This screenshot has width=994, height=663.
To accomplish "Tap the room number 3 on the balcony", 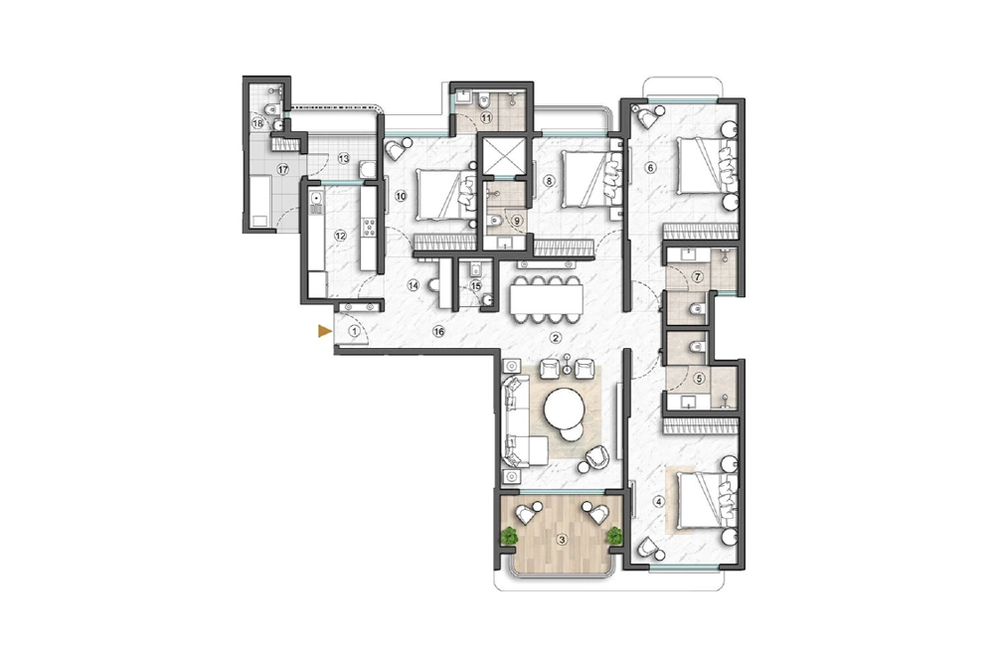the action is point(561,540).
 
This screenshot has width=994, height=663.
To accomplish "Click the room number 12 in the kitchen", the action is point(340,236).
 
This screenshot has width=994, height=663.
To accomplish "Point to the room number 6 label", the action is point(649,168).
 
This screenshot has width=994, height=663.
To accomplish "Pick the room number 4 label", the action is point(659,502).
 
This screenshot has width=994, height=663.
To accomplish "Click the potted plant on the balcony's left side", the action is point(509,536).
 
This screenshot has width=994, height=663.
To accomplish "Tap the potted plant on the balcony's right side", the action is point(613,536).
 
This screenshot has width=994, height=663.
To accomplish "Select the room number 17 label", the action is point(282,169).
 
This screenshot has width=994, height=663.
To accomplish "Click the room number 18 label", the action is point(257,123).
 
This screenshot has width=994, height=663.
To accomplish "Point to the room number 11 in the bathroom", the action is point(486,117).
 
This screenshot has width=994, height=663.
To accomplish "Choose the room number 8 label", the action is point(549,181).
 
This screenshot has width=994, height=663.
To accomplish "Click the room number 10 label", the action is point(401,196).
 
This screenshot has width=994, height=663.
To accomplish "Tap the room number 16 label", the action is point(438,331).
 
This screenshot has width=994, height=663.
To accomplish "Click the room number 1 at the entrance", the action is point(355,330).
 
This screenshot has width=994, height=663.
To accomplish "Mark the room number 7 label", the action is point(698,276).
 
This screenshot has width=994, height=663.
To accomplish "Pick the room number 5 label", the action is point(700,379).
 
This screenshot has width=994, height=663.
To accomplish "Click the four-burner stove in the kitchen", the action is point(369,226).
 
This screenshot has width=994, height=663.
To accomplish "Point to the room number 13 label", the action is point(344,158).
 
